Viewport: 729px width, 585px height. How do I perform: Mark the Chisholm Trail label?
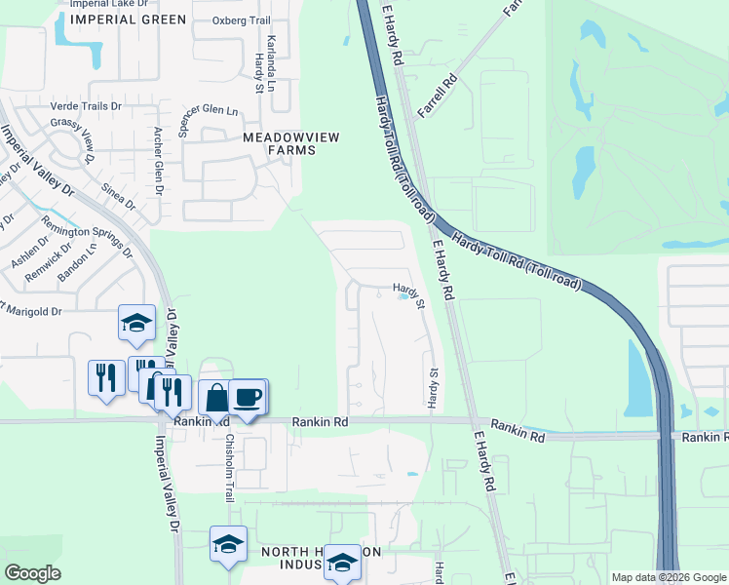click(230, 467)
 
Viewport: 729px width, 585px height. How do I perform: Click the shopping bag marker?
click(214, 398)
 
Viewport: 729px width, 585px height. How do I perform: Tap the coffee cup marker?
click(249, 397)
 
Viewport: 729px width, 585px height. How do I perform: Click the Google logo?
click(33, 572)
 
